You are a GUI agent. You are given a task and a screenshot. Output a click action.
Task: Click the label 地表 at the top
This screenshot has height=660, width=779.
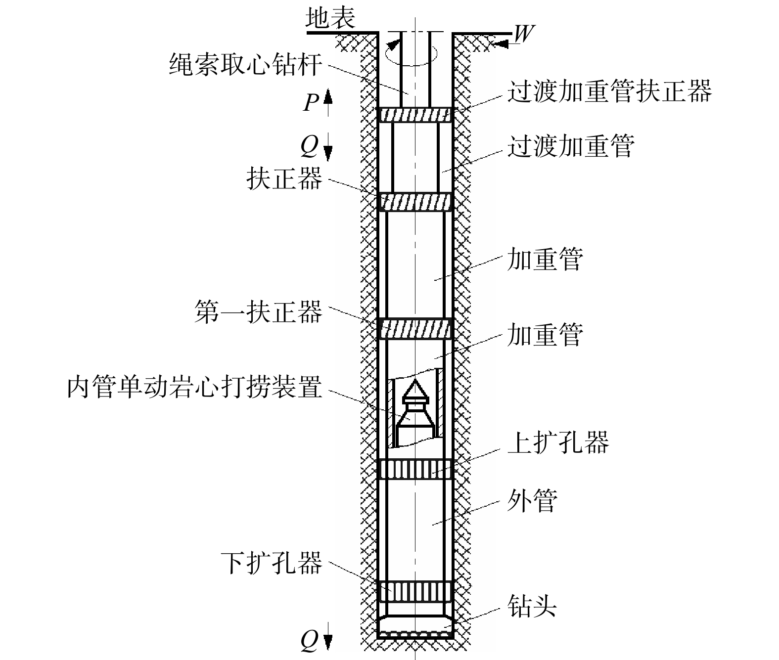[x=330, y=18]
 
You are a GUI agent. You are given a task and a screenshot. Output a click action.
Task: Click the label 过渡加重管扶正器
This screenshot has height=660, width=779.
[x=609, y=91]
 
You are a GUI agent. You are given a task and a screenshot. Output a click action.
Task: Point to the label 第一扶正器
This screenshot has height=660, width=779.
[x=259, y=312]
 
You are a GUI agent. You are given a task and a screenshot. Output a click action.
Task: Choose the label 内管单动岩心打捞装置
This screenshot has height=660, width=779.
[x=194, y=387]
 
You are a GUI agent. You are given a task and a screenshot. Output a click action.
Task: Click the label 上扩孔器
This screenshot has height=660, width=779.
[x=558, y=442]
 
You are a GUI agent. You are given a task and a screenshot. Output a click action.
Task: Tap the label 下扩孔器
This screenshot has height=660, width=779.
[x=272, y=563]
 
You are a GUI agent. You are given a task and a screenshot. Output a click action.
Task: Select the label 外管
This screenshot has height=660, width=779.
[x=532, y=501]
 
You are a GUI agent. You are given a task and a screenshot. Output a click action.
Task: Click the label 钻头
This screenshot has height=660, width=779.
[x=532, y=606]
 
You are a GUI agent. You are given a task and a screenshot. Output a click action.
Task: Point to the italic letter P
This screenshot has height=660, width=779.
[x=311, y=102]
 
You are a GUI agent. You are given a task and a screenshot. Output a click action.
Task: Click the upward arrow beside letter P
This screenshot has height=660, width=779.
[x=328, y=102]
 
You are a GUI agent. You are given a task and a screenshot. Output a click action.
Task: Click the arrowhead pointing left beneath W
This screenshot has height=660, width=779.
[x=502, y=44]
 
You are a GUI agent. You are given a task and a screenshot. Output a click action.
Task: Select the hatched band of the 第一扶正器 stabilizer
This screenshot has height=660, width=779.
[x=415, y=329]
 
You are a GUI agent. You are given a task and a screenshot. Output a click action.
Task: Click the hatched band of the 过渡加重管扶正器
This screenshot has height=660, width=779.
[x=415, y=115]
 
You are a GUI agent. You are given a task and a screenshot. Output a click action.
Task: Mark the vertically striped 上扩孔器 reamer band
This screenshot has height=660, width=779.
[x=415, y=469]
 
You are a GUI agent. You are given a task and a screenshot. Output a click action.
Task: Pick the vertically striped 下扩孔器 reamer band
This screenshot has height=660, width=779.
[x=415, y=591]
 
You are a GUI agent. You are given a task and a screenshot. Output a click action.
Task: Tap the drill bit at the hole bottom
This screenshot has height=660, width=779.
[x=415, y=627]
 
